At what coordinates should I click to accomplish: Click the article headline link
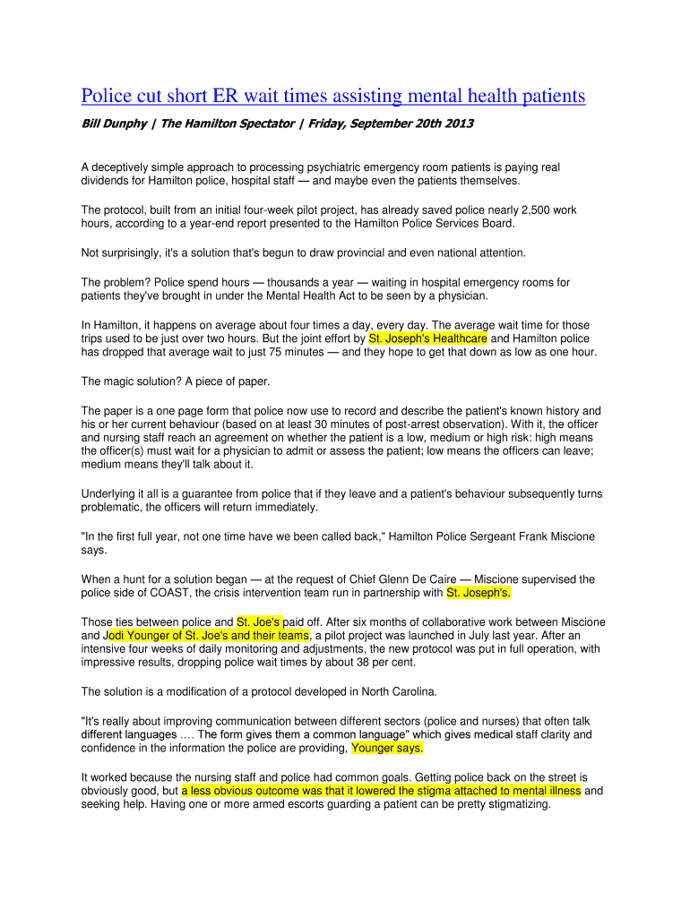(x=332, y=96)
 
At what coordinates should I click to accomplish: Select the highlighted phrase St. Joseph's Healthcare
(x=428, y=339)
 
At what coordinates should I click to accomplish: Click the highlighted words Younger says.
(x=387, y=748)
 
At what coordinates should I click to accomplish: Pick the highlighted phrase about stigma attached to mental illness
(x=381, y=791)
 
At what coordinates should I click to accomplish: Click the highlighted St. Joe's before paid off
(x=259, y=621)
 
